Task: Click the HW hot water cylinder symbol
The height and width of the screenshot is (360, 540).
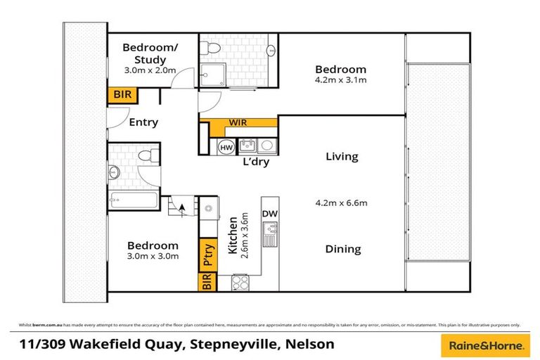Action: pyautogui.click(x=226, y=148)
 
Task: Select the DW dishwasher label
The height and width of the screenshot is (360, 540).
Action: pyautogui.click(x=270, y=214)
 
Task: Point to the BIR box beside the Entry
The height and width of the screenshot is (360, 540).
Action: pyautogui.click(x=117, y=95)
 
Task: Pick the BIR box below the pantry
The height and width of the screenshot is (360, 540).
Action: pyautogui.click(x=207, y=282)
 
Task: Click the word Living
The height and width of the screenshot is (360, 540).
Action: pyautogui.click(x=342, y=157)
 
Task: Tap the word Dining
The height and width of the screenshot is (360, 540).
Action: pyautogui.click(x=342, y=249)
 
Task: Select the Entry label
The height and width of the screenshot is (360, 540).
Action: pyautogui.click(x=143, y=122)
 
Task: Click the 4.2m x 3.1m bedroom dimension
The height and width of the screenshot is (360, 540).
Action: pyautogui.click(x=340, y=80)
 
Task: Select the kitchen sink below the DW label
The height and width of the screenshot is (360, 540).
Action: pyautogui.click(x=270, y=232)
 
